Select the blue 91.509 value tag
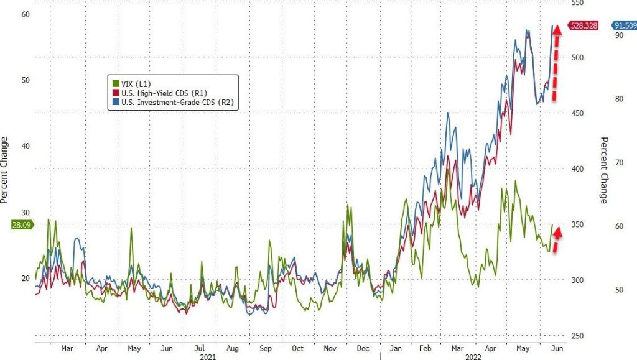(x=624, y=25)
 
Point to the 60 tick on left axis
(x=26, y=14)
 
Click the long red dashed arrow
(x=557, y=62)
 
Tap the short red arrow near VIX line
(x=557, y=239)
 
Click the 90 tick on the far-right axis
(x=619, y=36)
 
